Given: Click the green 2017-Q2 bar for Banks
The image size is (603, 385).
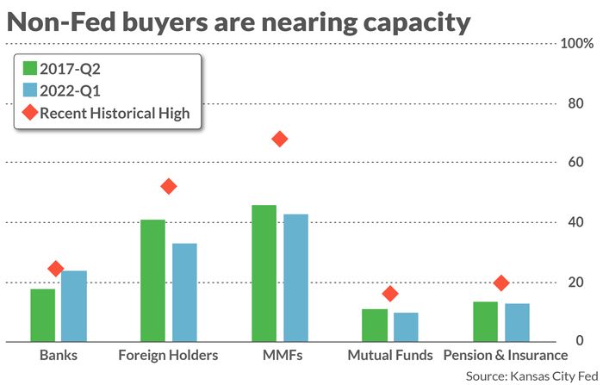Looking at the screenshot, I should (43, 315).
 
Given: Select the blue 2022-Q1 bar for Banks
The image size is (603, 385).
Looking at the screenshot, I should (74, 307).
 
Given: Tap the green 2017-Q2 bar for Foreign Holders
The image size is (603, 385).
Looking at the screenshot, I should (153, 281).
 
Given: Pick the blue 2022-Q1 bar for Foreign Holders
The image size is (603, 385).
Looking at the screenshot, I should (184, 293).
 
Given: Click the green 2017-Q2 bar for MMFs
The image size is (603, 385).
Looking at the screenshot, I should (264, 274).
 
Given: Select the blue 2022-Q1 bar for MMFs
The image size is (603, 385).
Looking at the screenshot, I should (295, 278).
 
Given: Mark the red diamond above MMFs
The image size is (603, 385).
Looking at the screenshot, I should (279, 140).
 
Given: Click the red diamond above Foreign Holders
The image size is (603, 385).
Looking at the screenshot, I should (169, 186).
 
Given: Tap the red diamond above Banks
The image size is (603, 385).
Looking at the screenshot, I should (57, 270).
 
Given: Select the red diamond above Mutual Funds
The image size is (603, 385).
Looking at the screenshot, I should (390, 294).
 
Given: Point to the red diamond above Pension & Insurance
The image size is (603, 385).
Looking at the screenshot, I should (501, 283).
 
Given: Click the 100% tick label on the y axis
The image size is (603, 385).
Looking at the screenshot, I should (577, 43).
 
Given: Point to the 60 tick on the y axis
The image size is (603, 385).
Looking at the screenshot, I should (571, 163).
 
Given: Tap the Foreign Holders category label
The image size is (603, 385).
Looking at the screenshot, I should (168, 355).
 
